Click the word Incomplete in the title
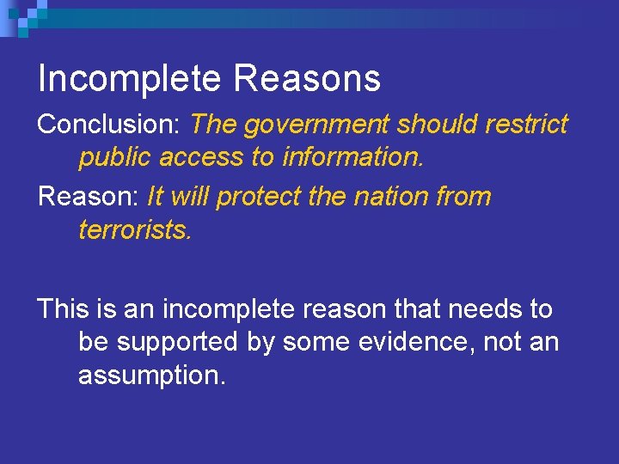129,79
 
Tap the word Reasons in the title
306,79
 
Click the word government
315,125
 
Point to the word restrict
526,125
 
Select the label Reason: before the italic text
89,197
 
